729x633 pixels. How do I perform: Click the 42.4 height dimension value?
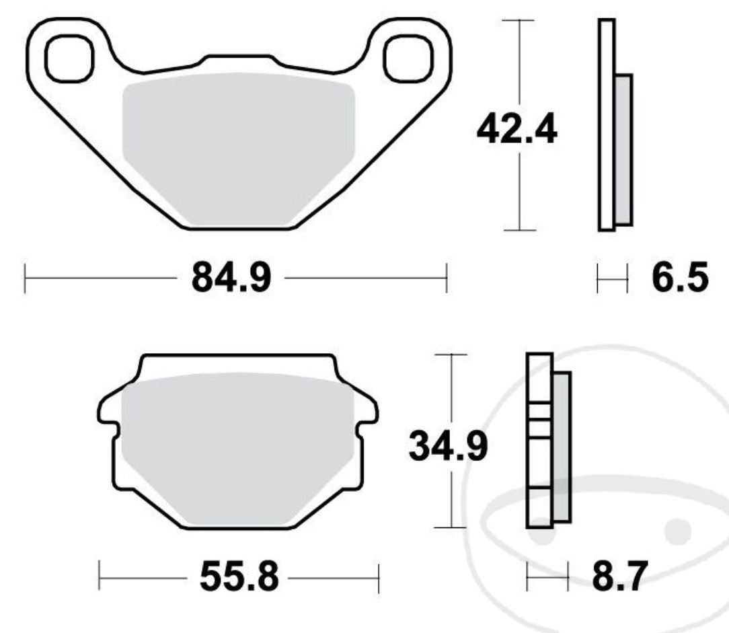(x=516, y=130)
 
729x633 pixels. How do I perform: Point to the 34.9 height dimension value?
(x=449, y=447)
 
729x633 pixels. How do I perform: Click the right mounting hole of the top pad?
(x=406, y=58)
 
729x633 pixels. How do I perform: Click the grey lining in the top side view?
(x=623, y=149)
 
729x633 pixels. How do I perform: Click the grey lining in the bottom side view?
(x=562, y=447)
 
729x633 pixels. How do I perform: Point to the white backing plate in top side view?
(x=607, y=125)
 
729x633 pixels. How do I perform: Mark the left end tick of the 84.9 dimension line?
(x=25, y=278)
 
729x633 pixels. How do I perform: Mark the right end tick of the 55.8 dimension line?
(x=379, y=577)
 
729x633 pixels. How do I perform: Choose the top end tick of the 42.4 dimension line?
(x=519, y=20)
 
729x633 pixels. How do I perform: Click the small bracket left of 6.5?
(x=612, y=278)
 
